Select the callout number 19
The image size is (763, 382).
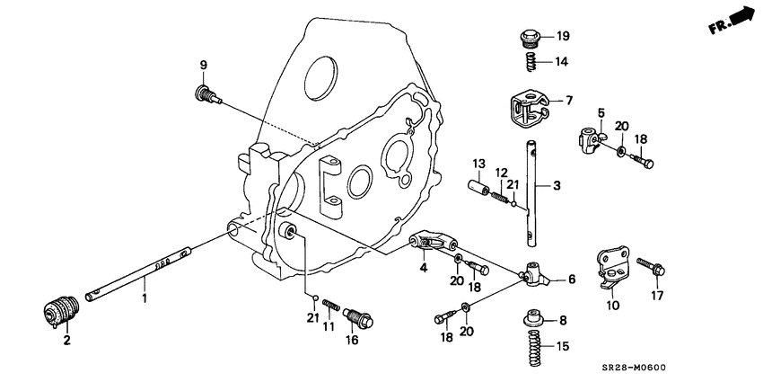[x=563, y=37]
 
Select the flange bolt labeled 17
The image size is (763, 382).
[x=651, y=267]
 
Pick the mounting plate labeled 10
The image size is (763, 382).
[x=610, y=269]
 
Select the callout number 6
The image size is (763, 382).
[x=571, y=280]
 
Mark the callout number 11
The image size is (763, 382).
[x=329, y=328]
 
